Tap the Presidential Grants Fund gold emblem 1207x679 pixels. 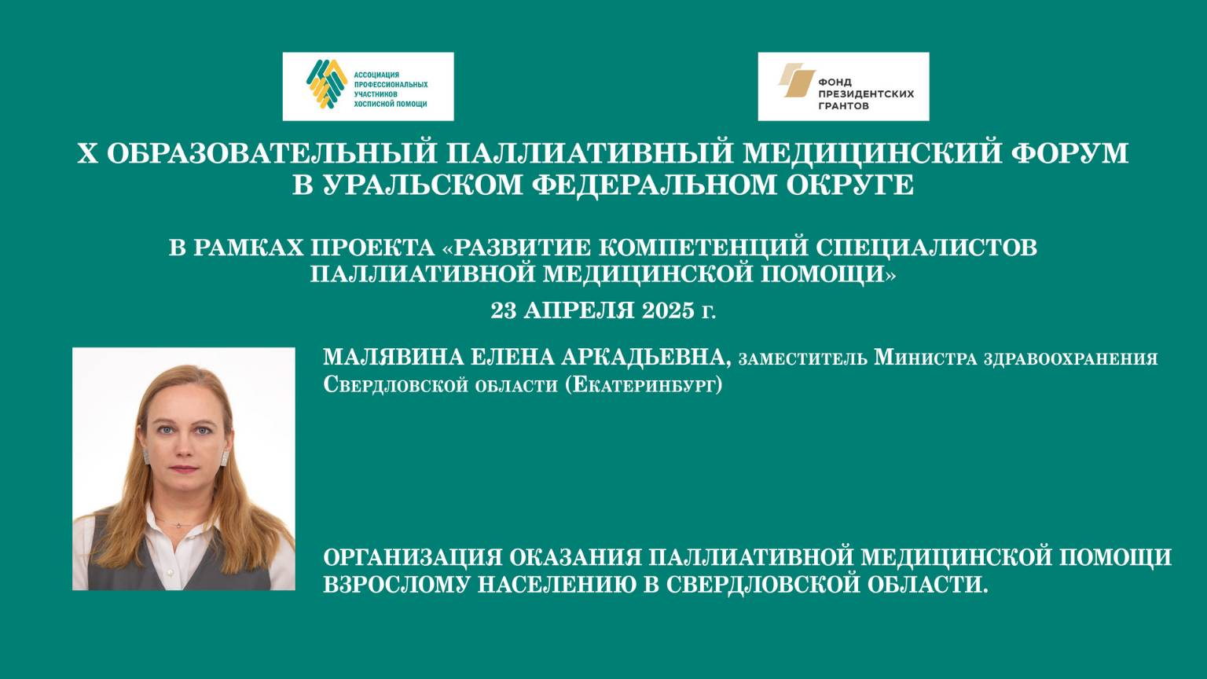pyautogui.click(x=796, y=80)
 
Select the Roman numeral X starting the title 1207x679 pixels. pyautogui.click(x=86, y=152)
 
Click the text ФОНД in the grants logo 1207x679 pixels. pyautogui.click(x=835, y=82)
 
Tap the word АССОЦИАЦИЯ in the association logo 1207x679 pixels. pyautogui.click(x=377, y=75)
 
